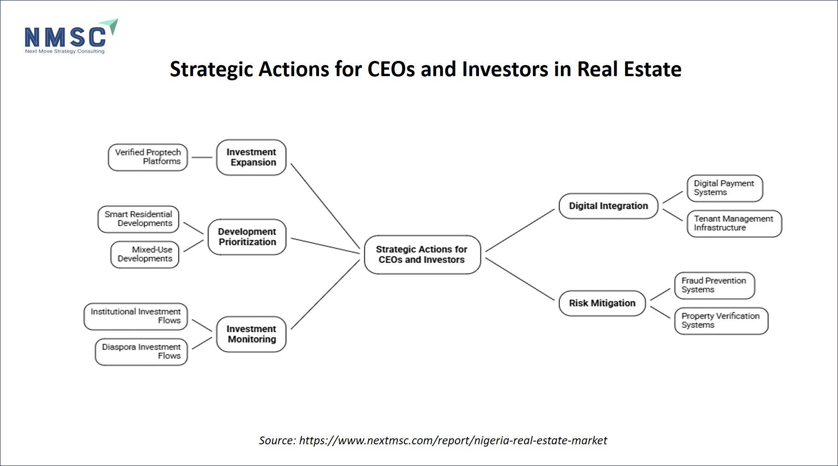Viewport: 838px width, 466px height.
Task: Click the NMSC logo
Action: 71,36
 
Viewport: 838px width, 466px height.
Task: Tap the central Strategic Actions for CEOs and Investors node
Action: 422,255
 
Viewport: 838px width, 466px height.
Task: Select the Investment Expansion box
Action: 251,157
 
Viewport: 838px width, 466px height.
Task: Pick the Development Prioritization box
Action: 247,237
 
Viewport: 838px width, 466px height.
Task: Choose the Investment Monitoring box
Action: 251,334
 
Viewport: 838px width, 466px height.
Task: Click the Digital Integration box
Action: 608,206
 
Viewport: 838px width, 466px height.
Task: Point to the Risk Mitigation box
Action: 602,303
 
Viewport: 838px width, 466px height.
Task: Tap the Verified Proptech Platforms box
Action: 148,157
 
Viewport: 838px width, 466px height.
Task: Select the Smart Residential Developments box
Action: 138,219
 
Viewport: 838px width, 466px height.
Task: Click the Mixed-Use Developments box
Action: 145,255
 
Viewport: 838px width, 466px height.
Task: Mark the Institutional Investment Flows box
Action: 136,317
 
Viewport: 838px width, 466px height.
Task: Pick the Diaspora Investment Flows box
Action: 142,352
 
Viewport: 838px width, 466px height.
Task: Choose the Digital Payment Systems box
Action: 725,188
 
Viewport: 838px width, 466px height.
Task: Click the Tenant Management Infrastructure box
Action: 734,224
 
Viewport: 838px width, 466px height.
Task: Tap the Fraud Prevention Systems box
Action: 714,286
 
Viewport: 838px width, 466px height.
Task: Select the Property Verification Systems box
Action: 721,321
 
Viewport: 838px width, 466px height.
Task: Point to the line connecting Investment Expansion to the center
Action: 325,206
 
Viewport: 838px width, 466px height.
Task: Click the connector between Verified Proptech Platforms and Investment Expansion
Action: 202,157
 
